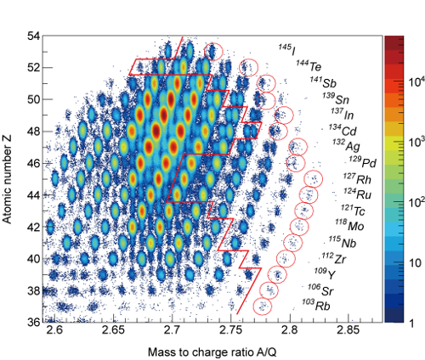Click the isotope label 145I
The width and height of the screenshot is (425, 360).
click(288, 48)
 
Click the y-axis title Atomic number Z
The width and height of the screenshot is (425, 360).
click(11, 178)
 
